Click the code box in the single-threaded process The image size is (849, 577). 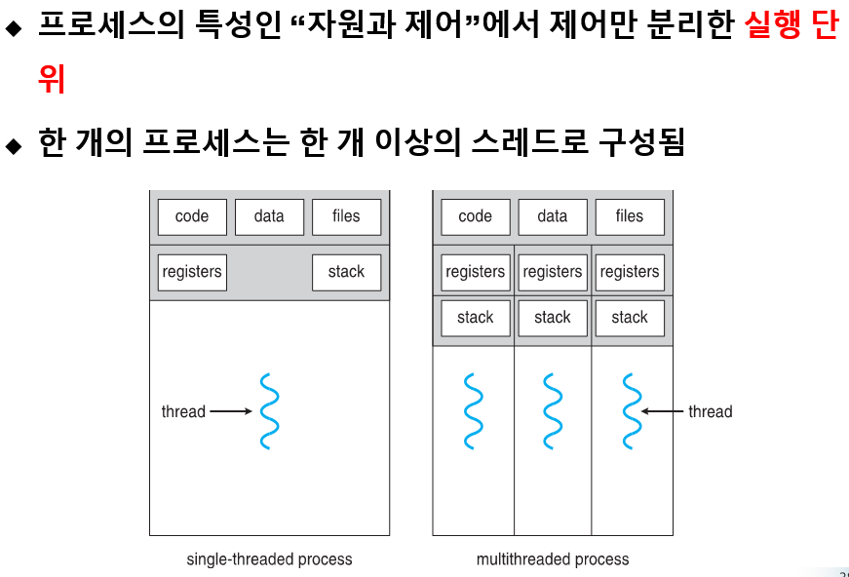click(x=192, y=216)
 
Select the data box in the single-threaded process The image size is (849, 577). click(x=269, y=216)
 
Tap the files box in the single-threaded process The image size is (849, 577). click(x=346, y=216)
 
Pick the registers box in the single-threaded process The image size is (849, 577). click(x=192, y=272)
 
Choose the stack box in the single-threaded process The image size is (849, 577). click(x=346, y=272)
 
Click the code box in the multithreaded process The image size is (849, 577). click(x=476, y=216)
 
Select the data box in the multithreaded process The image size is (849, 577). click(x=553, y=216)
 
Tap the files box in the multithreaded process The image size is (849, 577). click(x=630, y=216)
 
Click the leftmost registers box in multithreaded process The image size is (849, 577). click(x=476, y=272)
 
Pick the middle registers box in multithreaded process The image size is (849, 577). click(x=553, y=272)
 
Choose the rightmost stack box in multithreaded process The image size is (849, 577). click(x=630, y=318)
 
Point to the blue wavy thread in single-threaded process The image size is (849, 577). click(x=269, y=410)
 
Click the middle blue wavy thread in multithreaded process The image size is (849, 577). click(x=553, y=410)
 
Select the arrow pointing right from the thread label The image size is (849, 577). click(x=231, y=411)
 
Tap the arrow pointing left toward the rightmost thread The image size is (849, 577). click(x=663, y=411)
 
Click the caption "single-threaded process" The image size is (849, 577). click(x=269, y=559)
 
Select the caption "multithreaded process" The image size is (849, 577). click(x=553, y=559)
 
